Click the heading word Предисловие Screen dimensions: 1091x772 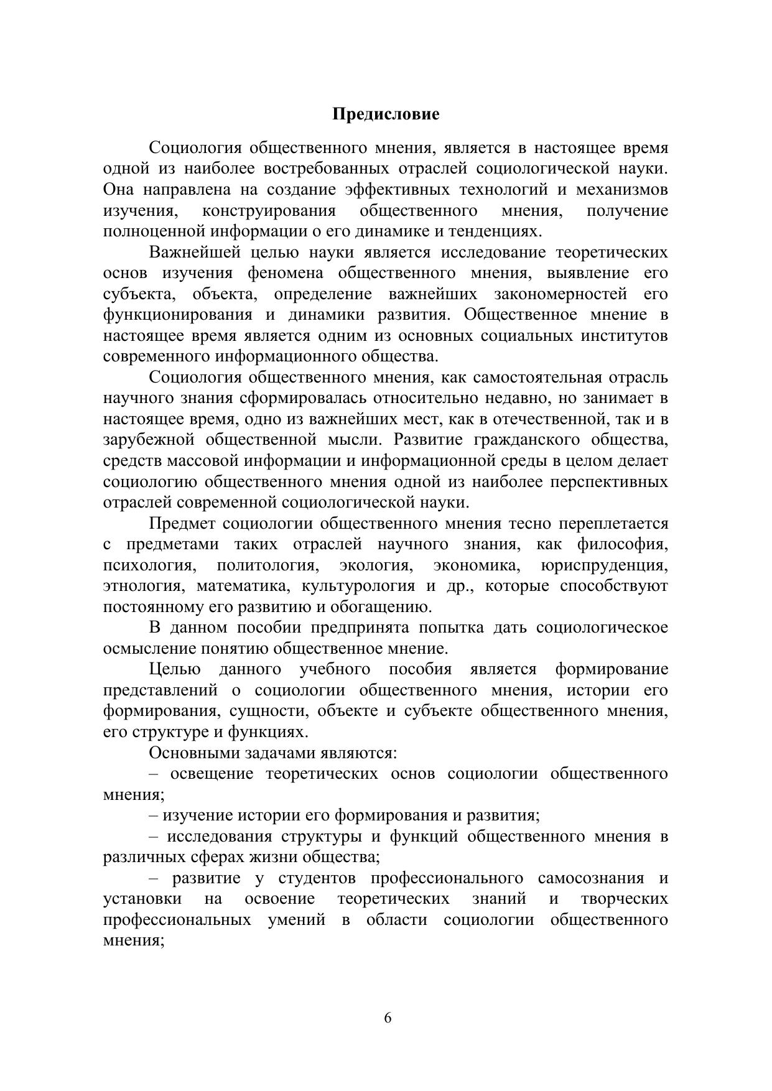pos(386,114)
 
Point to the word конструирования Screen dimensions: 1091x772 pos(268,210)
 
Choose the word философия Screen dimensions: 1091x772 pos(622,544)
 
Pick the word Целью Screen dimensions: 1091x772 pos(175,669)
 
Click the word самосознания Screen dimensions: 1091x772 pos(591,878)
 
